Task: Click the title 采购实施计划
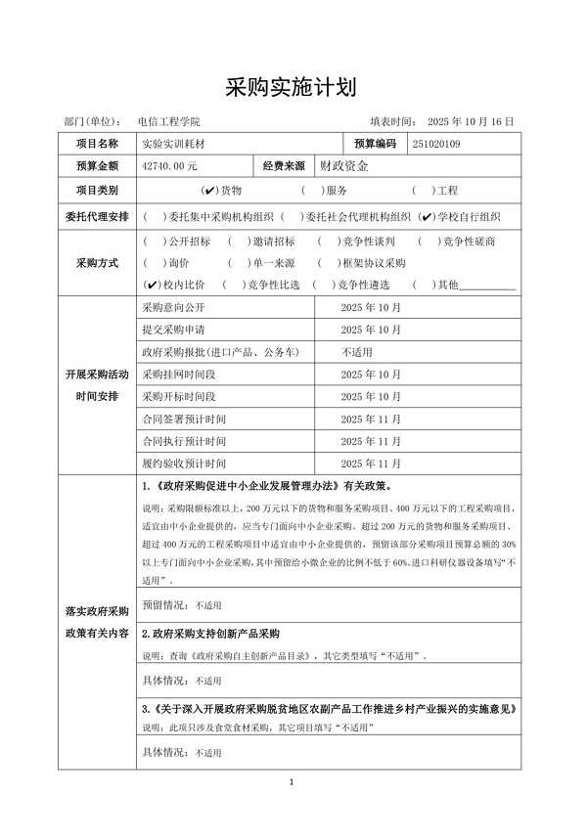pyautogui.click(x=293, y=88)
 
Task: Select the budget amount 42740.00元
pyautogui.click(x=169, y=167)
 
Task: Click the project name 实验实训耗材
pyautogui.click(x=174, y=144)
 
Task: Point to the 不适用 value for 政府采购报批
pyautogui.click(x=356, y=351)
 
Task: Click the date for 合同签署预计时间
pyautogui.click(x=370, y=419)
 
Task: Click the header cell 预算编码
pyautogui.click(x=369, y=144)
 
